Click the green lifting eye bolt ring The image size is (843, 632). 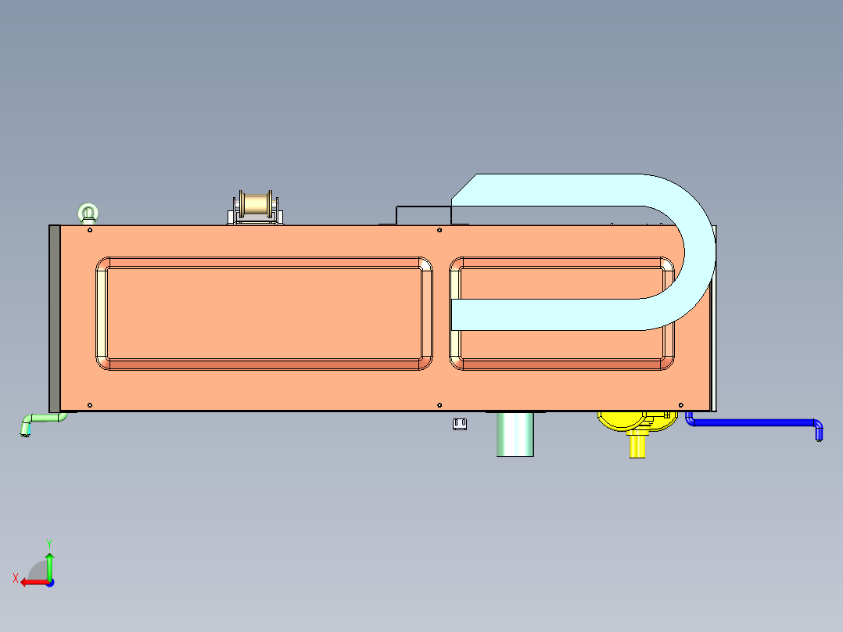click(88, 210)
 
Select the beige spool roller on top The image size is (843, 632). click(256, 204)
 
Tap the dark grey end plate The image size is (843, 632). click(54, 318)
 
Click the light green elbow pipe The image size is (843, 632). click(39, 420)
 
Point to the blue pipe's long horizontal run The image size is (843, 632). click(751, 422)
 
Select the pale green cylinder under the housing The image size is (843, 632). click(515, 434)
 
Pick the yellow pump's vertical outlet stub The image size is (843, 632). click(638, 447)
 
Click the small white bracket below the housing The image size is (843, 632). click(460, 424)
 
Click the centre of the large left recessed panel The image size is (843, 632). click(264, 314)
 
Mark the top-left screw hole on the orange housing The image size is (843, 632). click(90, 231)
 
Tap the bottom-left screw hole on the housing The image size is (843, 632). click(90, 404)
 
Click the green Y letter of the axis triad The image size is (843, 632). click(48, 543)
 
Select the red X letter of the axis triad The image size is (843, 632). click(15, 578)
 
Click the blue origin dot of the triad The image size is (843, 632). click(49, 582)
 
